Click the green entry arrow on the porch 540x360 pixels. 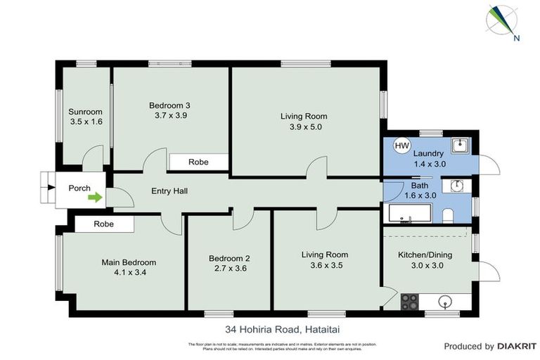pyautogui.click(x=94, y=198)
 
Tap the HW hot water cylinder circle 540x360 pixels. pyautogui.click(x=401, y=146)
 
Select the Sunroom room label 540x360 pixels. pyautogui.click(x=85, y=112)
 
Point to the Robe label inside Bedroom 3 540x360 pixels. pyautogui.click(x=198, y=162)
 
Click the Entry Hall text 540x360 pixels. pyautogui.click(x=169, y=191)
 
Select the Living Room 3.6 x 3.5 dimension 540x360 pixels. pyautogui.click(x=324, y=266)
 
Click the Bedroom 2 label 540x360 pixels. pyautogui.click(x=229, y=258)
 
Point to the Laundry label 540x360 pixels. pyautogui.click(x=428, y=153)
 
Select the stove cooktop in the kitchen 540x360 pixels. pyautogui.click(x=409, y=302)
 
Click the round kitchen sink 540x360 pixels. pyautogui.click(x=445, y=302)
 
